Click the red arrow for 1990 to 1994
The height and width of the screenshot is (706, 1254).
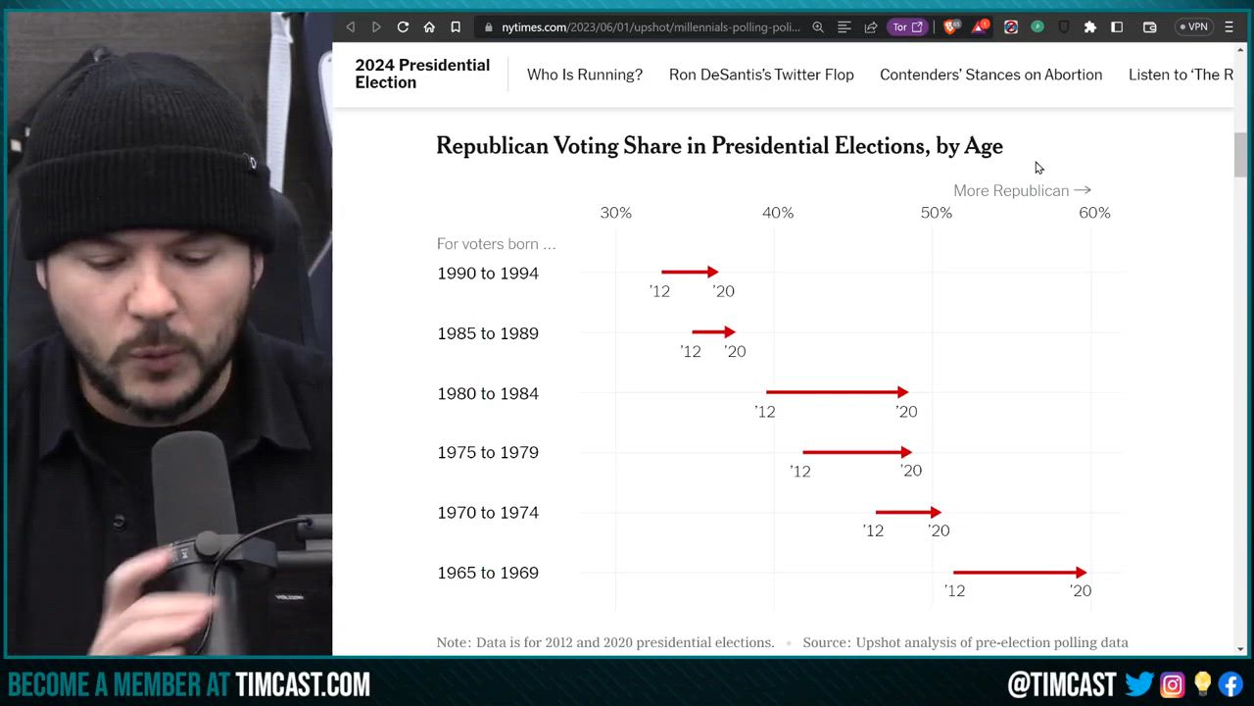click(690, 272)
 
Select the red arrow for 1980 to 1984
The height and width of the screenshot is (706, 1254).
click(837, 392)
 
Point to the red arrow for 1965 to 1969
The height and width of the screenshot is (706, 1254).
click(1019, 572)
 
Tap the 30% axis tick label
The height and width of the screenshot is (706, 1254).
click(615, 213)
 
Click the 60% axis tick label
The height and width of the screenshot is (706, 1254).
click(1094, 213)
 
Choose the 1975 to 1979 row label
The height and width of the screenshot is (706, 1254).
click(488, 453)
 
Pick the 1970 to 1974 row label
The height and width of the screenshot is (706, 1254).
click(488, 513)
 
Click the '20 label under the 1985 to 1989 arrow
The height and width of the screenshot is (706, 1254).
click(735, 351)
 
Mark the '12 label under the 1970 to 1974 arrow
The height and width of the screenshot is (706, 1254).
click(873, 530)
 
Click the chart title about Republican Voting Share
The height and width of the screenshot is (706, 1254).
click(719, 146)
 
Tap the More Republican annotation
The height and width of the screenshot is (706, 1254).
click(1022, 190)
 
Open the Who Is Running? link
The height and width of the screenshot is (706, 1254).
click(585, 75)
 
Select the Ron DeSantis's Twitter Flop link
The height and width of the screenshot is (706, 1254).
click(761, 75)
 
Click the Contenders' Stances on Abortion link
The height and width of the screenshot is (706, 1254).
click(990, 75)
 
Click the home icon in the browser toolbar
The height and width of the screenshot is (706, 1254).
click(429, 27)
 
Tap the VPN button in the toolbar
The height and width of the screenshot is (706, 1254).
click(1194, 27)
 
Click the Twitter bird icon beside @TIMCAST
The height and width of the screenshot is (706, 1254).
click(1139, 683)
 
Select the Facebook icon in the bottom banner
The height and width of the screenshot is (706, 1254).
click(1230, 683)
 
